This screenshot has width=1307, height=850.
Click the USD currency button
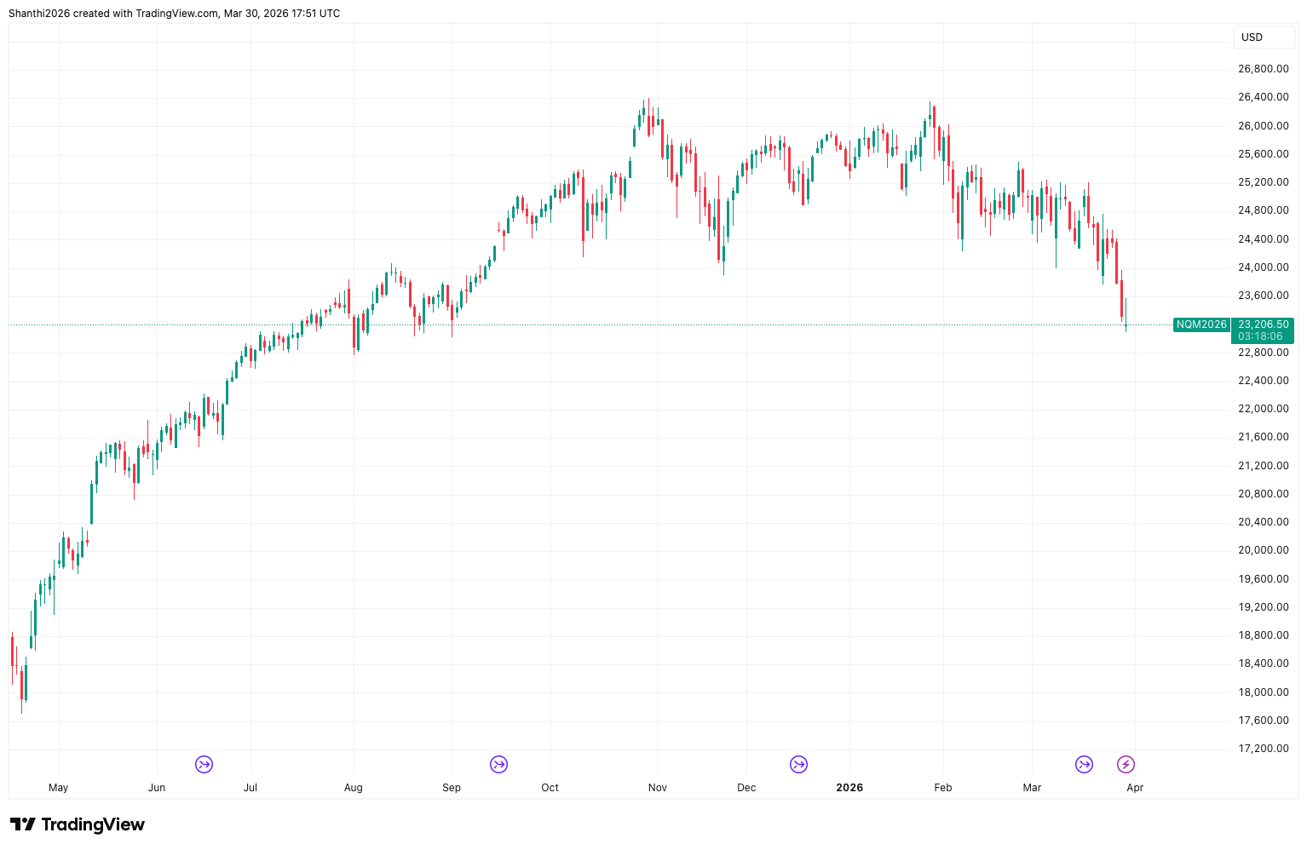click(1252, 37)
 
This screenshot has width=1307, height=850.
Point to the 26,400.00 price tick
click(1263, 97)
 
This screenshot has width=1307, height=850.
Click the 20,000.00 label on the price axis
click(1263, 550)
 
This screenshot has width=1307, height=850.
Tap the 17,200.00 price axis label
click(1263, 749)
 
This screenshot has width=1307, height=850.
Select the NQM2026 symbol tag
click(1201, 324)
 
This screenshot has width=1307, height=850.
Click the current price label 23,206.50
click(1263, 324)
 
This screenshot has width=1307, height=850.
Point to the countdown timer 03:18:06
click(1260, 336)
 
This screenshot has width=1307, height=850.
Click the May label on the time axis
click(58, 788)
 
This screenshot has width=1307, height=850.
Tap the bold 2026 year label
click(849, 788)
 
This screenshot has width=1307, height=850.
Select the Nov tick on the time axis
click(657, 788)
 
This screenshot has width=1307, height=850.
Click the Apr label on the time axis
click(1135, 788)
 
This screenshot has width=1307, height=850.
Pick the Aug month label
click(353, 788)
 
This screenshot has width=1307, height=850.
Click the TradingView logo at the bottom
click(78, 824)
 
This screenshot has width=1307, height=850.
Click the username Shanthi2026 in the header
click(39, 14)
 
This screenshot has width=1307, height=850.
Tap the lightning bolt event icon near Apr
click(1126, 764)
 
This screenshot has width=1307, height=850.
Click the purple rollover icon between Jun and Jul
click(204, 764)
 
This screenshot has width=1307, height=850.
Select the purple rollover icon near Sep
click(498, 764)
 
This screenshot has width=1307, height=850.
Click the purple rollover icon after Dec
click(798, 764)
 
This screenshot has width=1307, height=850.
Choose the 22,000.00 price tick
click(1263, 409)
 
